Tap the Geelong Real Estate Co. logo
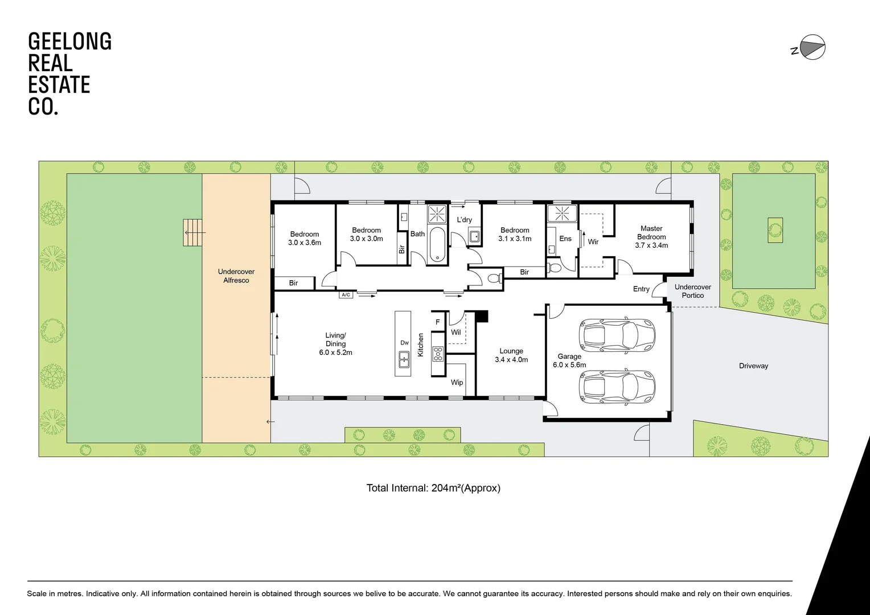(69, 74)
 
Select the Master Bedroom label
(651, 237)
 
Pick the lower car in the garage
(617, 386)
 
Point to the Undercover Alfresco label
(236, 276)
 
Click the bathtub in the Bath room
(437, 245)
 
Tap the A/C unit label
(346, 295)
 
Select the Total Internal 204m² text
(433, 488)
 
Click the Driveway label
(753, 366)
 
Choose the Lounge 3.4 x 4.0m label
(511, 355)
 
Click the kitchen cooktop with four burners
(437, 354)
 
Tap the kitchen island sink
(404, 358)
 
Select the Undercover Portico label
(692, 291)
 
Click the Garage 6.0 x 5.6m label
(569, 360)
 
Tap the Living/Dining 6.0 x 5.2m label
(335, 344)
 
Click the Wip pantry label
(457, 383)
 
